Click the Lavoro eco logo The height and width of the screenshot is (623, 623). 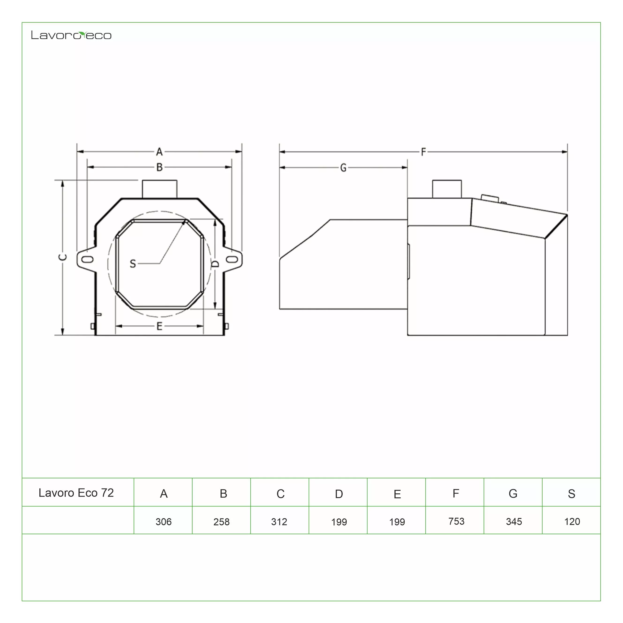[71, 35]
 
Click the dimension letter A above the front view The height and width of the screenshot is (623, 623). [159, 152]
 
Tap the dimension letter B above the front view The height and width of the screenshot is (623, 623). [159, 167]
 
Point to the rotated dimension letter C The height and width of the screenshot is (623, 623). [63, 257]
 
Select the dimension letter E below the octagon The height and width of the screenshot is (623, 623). [159, 326]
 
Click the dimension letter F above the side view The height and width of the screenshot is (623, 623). [423, 152]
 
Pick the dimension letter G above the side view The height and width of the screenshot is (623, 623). [343, 168]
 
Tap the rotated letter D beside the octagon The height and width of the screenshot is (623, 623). [215, 264]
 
